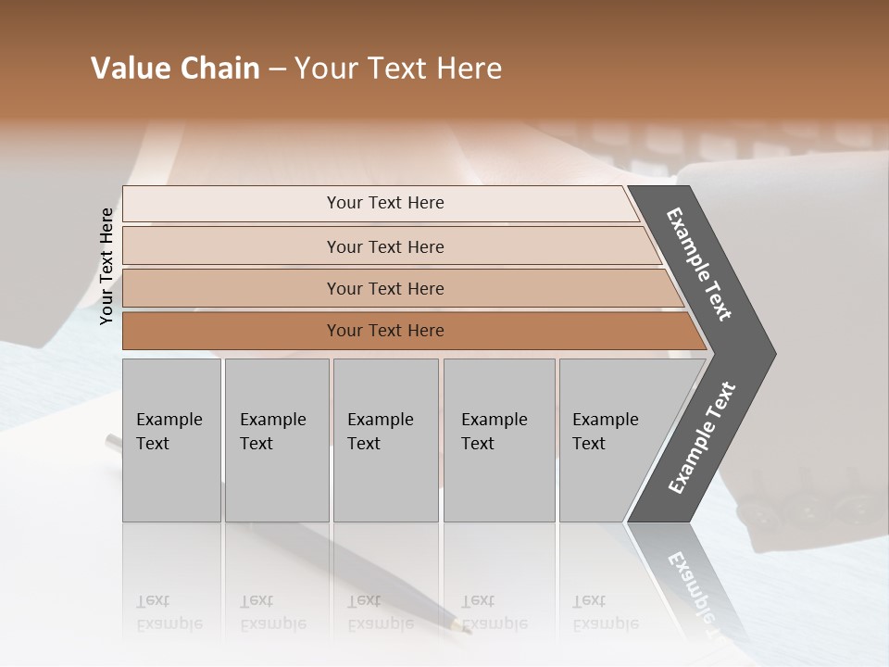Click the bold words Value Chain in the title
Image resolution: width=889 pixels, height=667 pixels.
point(175,69)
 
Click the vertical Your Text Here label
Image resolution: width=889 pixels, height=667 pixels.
point(106,266)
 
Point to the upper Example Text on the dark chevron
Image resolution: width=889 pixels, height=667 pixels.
point(699,264)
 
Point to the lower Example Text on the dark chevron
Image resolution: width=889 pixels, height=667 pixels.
point(702,438)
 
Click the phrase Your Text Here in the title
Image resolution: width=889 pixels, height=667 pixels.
point(398,69)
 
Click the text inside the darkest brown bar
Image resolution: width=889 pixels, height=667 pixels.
point(385,331)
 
